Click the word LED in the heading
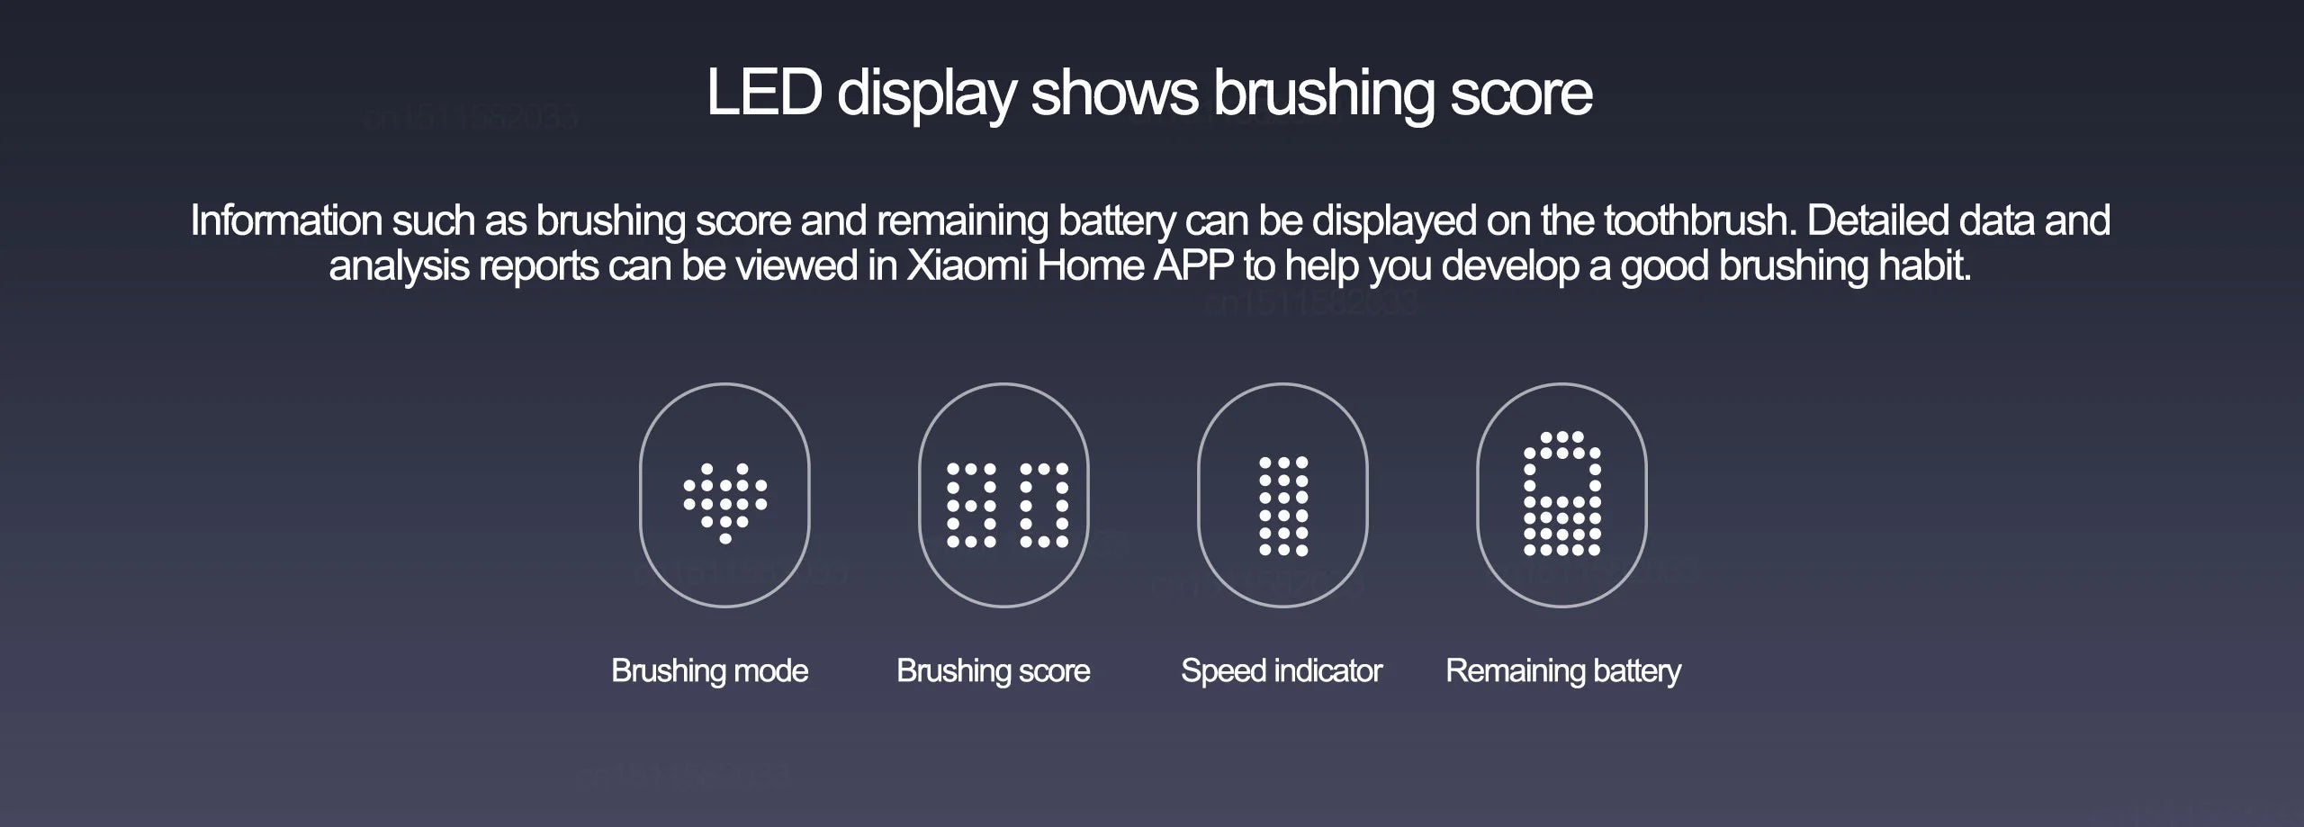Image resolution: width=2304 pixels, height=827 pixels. click(x=763, y=93)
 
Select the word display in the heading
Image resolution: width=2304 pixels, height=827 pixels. click(x=926, y=93)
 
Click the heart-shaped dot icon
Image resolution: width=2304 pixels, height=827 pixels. click(x=725, y=502)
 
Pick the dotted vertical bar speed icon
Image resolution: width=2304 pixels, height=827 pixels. click(x=1283, y=505)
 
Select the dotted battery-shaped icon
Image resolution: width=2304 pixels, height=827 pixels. click(x=1561, y=494)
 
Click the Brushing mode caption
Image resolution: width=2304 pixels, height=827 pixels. click(x=709, y=670)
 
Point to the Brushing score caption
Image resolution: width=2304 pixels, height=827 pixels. click(x=993, y=670)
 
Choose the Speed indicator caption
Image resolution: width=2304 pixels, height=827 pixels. click(x=1282, y=670)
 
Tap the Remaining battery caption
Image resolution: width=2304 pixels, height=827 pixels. click(x=1563, y=670)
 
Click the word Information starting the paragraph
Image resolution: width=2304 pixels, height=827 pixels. click(x=286, y=220)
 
